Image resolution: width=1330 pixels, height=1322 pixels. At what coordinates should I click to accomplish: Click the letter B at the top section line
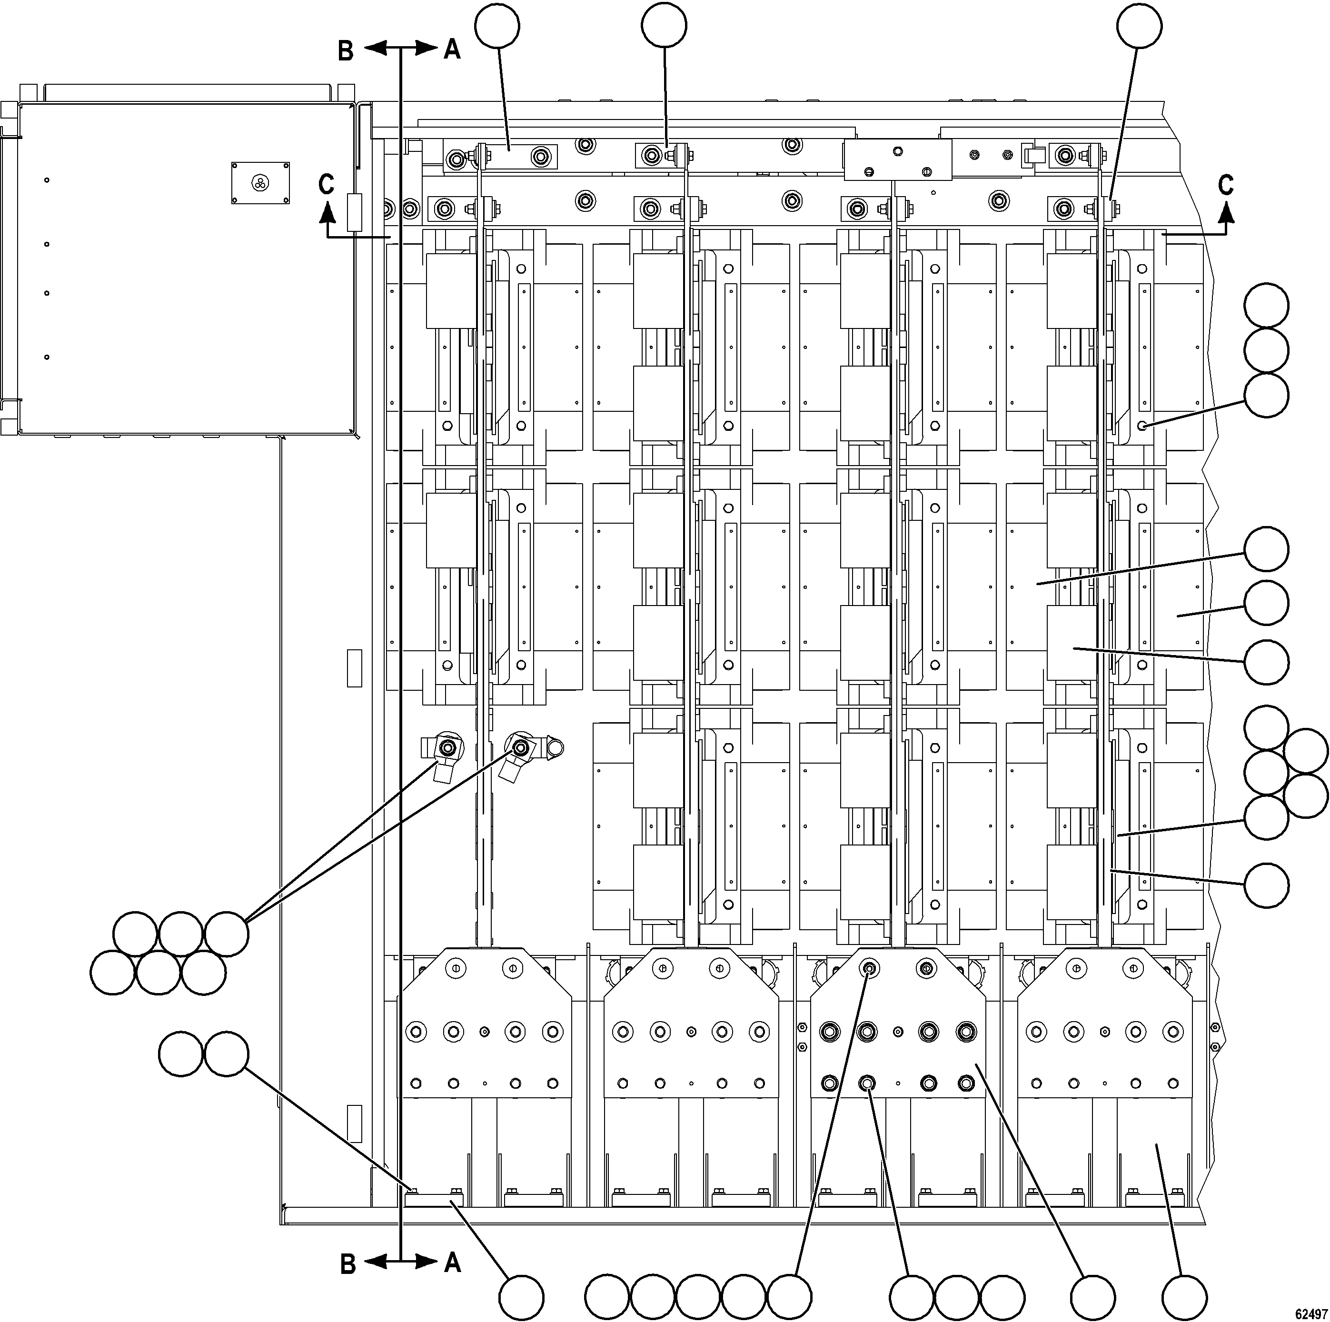[346, 50]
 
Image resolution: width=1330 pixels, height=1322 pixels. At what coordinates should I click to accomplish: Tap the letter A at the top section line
[452, 49]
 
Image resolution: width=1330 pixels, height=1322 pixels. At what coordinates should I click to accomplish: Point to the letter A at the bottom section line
[452, 1262]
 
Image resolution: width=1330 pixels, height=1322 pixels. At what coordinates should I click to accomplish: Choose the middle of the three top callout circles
[664, 26]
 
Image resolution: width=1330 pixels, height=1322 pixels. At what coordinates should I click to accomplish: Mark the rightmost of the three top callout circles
[1139, 26]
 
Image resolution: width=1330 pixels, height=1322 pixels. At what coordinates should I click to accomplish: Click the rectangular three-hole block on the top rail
[898, 160]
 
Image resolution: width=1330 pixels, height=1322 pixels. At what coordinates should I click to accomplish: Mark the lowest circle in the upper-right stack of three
[1267, 395]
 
